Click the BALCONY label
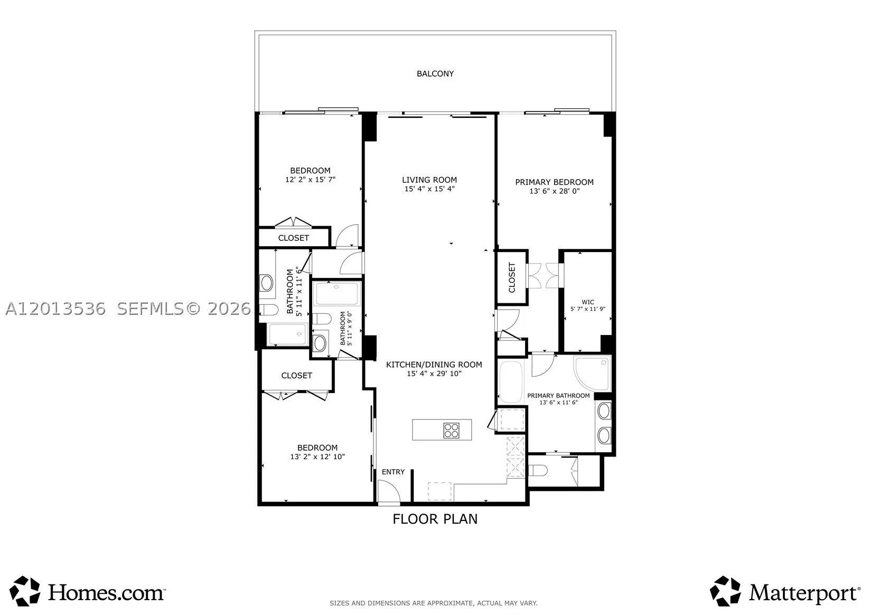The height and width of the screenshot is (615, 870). coord(435,74)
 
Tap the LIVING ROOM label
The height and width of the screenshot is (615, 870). coord(429,180)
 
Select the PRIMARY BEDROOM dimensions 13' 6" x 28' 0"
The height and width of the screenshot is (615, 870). coord(554,191)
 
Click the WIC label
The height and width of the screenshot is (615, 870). coord(587,302)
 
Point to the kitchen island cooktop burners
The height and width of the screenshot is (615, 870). coord(451,430)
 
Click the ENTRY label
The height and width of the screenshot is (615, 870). coord(393,472)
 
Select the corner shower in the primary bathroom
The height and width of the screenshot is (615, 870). coord(592,374)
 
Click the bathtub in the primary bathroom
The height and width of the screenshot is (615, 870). coord(511,382)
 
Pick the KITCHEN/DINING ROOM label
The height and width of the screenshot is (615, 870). coord(434,365)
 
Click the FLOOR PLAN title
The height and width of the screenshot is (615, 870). coord(435,519)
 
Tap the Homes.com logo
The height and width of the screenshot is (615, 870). coord(87,592)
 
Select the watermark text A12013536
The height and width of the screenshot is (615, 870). coord(55,309)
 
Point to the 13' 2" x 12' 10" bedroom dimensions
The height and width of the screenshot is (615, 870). coord(317,457)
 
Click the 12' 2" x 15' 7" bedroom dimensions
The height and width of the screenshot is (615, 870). coord(310,180)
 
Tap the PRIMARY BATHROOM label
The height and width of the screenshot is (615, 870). coord(558,396)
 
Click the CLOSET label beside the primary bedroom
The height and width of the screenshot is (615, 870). coord(512,277)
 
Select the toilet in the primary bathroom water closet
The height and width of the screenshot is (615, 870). coord(538,471)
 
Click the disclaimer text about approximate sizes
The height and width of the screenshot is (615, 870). coord(434,603)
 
